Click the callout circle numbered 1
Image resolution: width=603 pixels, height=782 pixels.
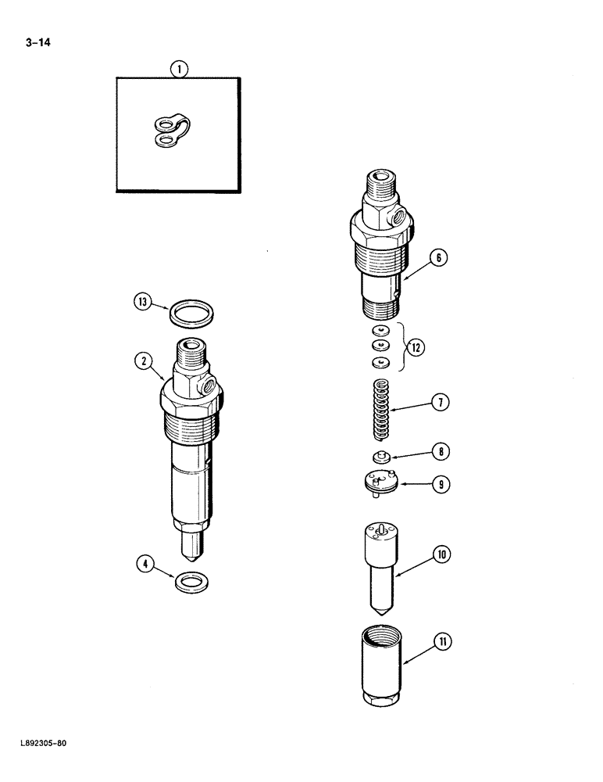pos(179,70)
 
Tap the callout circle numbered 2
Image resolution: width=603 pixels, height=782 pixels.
pos(142,361)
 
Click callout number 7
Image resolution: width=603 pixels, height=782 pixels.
pos(441,404)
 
